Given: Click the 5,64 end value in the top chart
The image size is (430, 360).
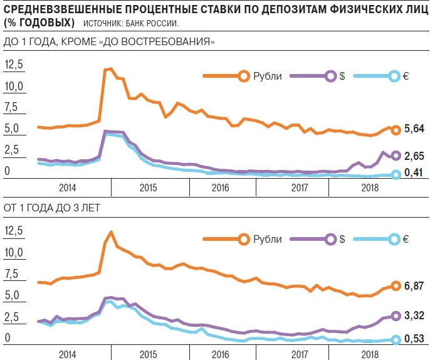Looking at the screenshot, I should (414, 129).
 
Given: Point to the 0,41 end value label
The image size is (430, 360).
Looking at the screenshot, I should (414, 175).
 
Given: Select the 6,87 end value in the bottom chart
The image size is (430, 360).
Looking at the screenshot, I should (414, 286).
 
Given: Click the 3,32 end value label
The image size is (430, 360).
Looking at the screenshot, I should (414, 316).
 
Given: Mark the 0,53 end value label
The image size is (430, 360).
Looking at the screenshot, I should (414, 340).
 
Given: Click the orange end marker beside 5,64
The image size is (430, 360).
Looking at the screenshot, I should (396, 130).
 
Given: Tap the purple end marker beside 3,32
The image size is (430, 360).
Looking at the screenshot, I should (396, 316).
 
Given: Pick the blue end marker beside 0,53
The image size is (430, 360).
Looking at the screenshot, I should (396, 340).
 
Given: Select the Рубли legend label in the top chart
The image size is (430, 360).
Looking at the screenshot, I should (268, 76).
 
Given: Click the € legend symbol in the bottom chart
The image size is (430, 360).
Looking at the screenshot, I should (406, 239).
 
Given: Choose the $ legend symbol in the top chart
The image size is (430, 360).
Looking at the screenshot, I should (343, 76).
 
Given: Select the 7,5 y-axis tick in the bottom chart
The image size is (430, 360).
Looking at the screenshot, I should (13, 274).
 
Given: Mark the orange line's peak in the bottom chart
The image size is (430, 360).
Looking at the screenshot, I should (111, 232).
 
